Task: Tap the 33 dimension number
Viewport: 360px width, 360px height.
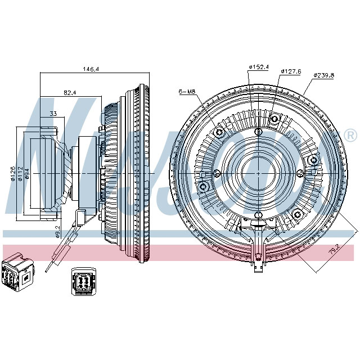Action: [53, 114]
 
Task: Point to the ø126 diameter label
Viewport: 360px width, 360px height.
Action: [12, 174]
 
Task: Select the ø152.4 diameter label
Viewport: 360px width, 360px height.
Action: [259, 67]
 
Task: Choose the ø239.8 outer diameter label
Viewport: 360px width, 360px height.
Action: [325, 75]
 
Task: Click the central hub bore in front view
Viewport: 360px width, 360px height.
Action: [258, 171]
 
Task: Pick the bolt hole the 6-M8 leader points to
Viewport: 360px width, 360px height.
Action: [219, 133]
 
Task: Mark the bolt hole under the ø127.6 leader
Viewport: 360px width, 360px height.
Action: [274, 119]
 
